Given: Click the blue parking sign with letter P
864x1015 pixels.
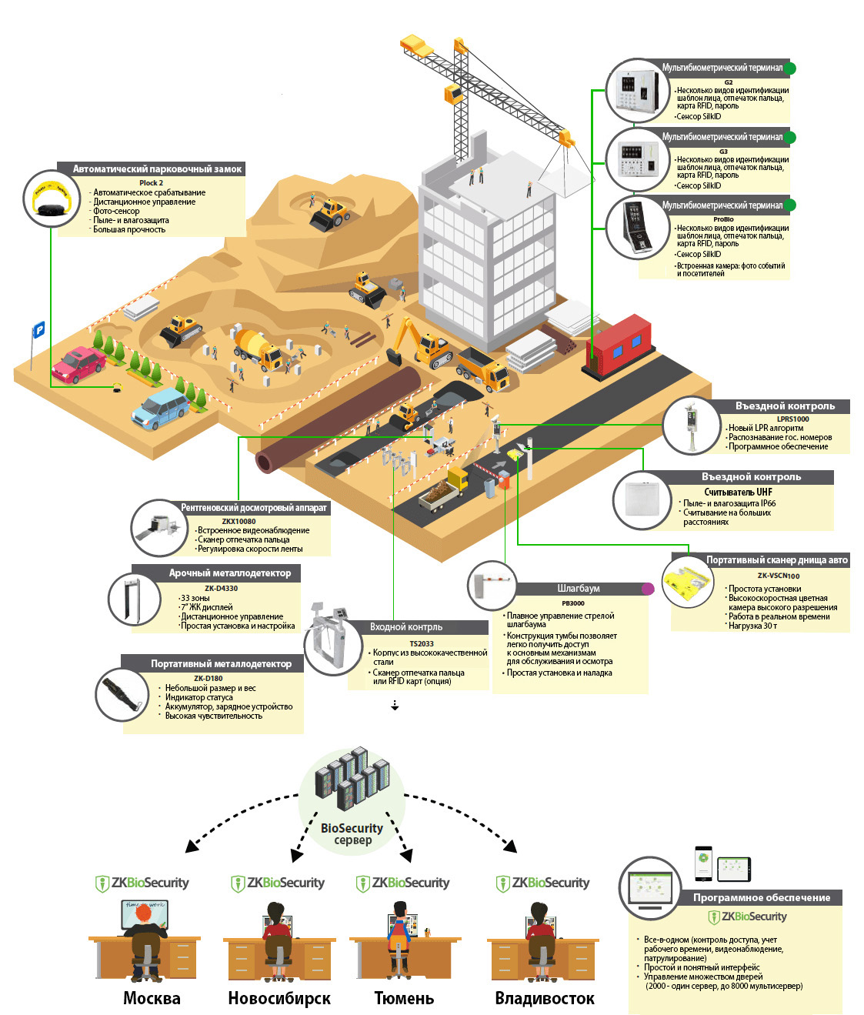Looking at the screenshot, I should [38, 329].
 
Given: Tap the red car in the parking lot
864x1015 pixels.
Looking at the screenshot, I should [78, 363].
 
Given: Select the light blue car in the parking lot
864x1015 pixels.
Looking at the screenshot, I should [161, 407].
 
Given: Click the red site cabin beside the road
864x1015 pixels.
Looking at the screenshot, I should [620, 343].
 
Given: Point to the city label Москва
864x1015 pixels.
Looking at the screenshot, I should [152, 998].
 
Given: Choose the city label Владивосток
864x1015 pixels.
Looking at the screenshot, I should [544, 998].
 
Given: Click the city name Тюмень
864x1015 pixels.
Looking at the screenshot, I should [404, 998].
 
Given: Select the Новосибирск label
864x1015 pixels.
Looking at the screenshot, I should [279, 998].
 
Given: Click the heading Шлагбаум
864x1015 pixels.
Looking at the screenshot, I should [579, 589].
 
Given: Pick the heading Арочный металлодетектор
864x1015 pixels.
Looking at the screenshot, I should [230, 573].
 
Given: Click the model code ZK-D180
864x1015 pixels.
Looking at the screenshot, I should [208, 679].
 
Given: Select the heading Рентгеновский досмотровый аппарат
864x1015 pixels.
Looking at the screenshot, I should [254, 508].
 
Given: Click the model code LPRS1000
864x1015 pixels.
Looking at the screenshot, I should [792, 419].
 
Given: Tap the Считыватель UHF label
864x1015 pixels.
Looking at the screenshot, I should [738, 492].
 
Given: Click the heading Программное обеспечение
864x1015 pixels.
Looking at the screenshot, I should [761, 897].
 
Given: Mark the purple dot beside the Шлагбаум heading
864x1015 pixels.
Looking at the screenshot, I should [648, 589].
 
